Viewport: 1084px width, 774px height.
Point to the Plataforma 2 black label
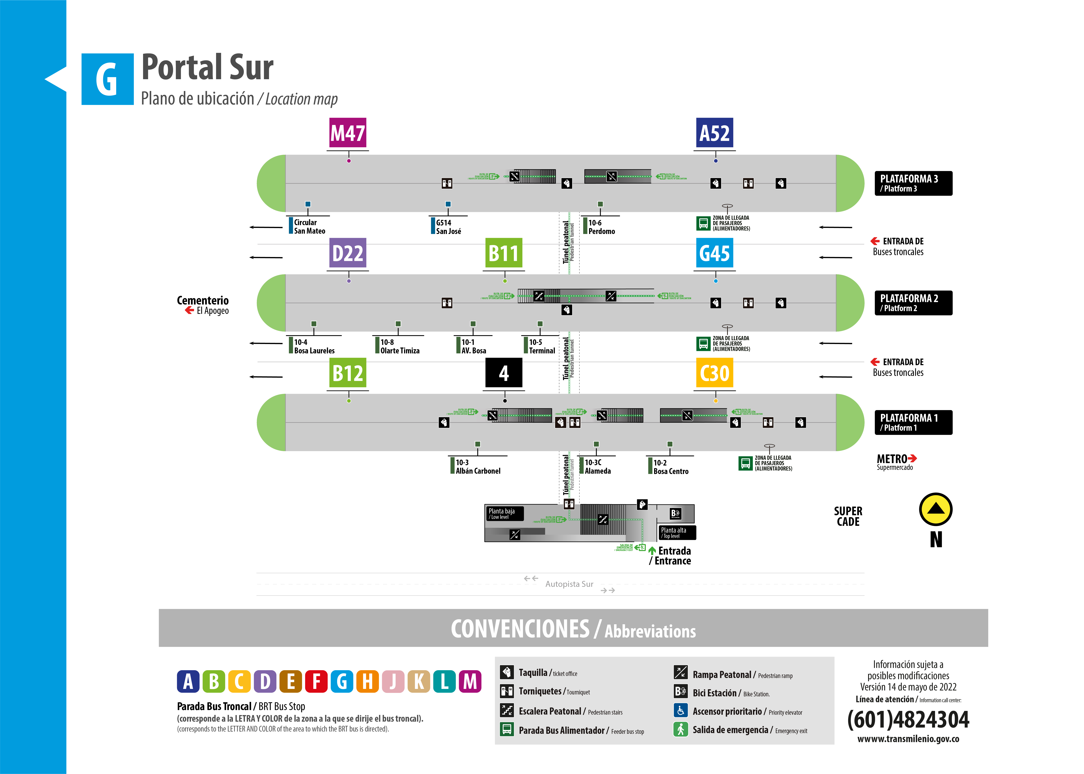pyautogui.click(x=913, y=303)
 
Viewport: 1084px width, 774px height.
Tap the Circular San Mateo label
pyautogui.click(x=309, y=226)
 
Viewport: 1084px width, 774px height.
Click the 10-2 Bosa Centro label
pyautogui.click(x=670, y=467)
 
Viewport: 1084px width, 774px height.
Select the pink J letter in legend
pyautogui.click(x=393, y=681)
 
